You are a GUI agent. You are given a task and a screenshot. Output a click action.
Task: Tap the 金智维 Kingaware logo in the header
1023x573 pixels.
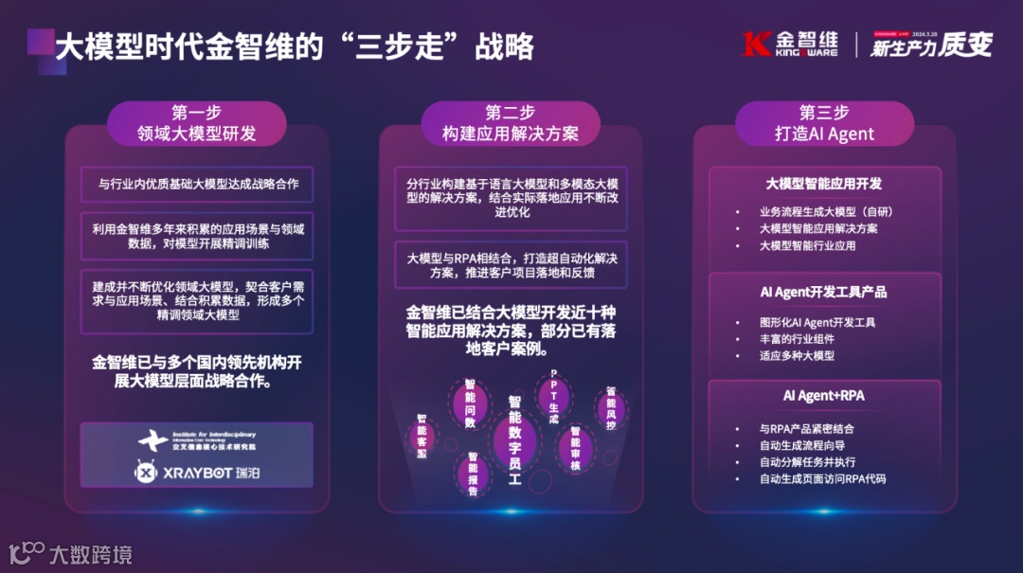pos(791,45)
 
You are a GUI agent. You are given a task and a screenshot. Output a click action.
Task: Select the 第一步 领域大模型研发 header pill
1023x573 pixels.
pos(197,123)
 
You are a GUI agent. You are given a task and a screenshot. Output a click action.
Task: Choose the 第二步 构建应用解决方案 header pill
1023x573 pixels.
pos(510,123)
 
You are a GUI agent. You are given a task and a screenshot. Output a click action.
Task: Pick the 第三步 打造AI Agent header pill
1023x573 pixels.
pos(824,123)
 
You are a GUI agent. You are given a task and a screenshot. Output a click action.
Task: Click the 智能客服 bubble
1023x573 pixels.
pos(422,436)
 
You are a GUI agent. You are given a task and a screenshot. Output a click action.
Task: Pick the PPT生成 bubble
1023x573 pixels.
pos(553,395)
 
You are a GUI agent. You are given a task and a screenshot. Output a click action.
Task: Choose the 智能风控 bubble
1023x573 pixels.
pos(611,408)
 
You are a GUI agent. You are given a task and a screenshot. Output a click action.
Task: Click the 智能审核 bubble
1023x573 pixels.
pos(575,448)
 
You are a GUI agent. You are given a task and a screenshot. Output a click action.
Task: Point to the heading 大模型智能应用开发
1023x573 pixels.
pos(823,183)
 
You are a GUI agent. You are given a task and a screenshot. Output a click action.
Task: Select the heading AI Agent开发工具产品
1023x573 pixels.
pos(823,292)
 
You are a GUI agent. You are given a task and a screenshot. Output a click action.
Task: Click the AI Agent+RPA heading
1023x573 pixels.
pos(823,395)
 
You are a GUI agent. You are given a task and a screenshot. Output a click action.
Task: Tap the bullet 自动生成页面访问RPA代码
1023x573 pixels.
pos(822,479)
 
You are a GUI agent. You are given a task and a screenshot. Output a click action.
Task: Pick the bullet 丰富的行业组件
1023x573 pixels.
pos(796,339)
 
